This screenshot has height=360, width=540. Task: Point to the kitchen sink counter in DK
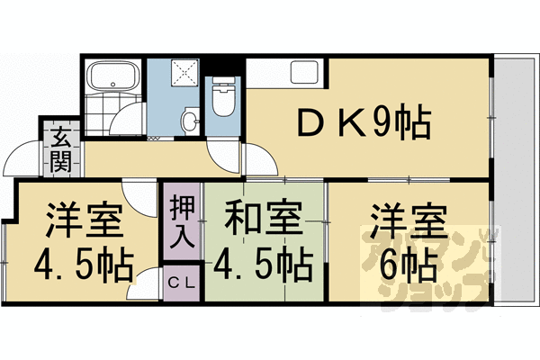pos(285,74)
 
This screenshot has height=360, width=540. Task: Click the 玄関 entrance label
pos(61,150)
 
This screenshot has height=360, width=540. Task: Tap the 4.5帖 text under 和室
pos(263,265)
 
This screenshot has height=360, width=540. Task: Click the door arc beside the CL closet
pos(144,286)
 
